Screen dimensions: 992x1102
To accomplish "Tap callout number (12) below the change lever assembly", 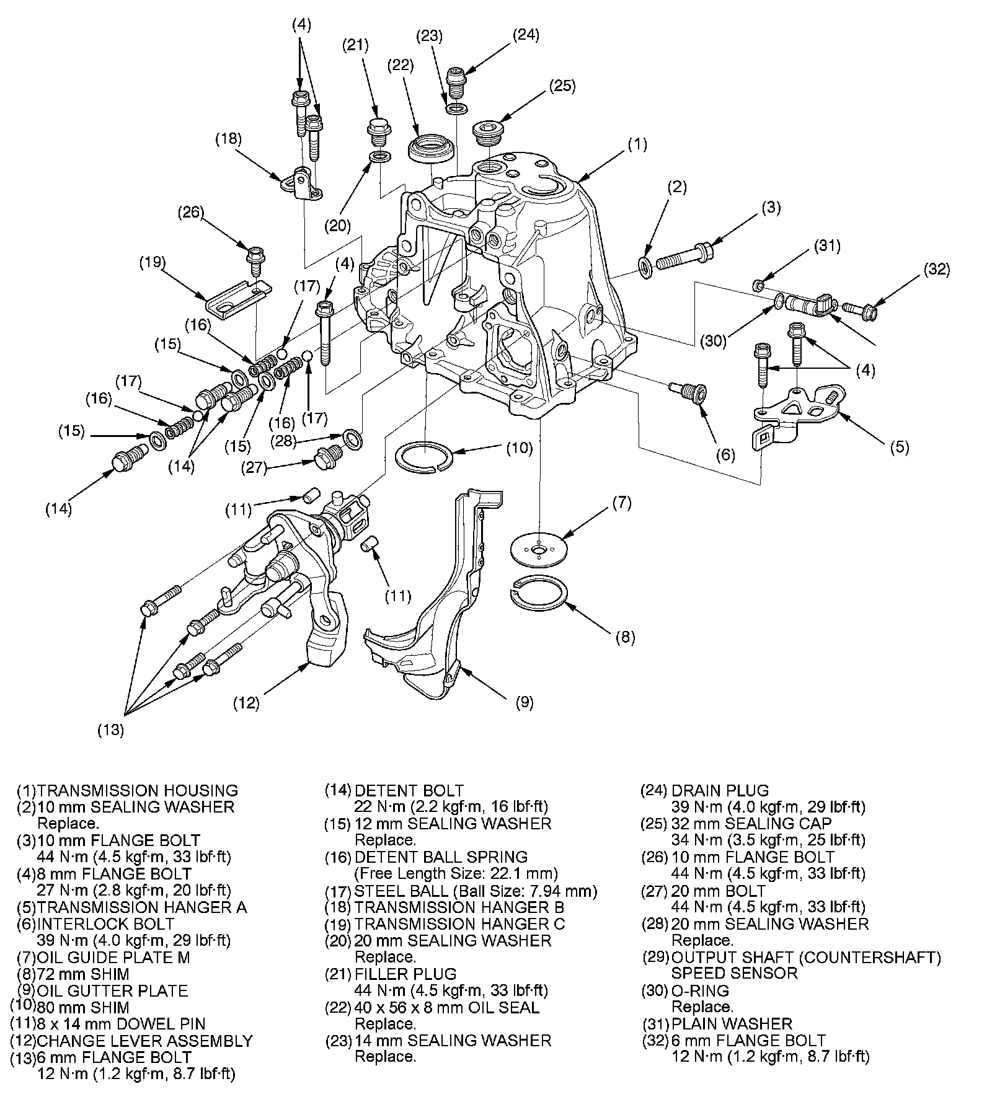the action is click(246, 703).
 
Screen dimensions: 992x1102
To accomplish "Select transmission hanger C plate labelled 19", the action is click(238, 300).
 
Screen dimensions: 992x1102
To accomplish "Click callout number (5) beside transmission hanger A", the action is click(899, 446).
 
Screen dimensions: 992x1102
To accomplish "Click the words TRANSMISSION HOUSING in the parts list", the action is click(137, 790).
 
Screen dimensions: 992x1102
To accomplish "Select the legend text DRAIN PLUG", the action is click(720, 790).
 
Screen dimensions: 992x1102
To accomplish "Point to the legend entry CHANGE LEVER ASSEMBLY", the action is click(144, 1041).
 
